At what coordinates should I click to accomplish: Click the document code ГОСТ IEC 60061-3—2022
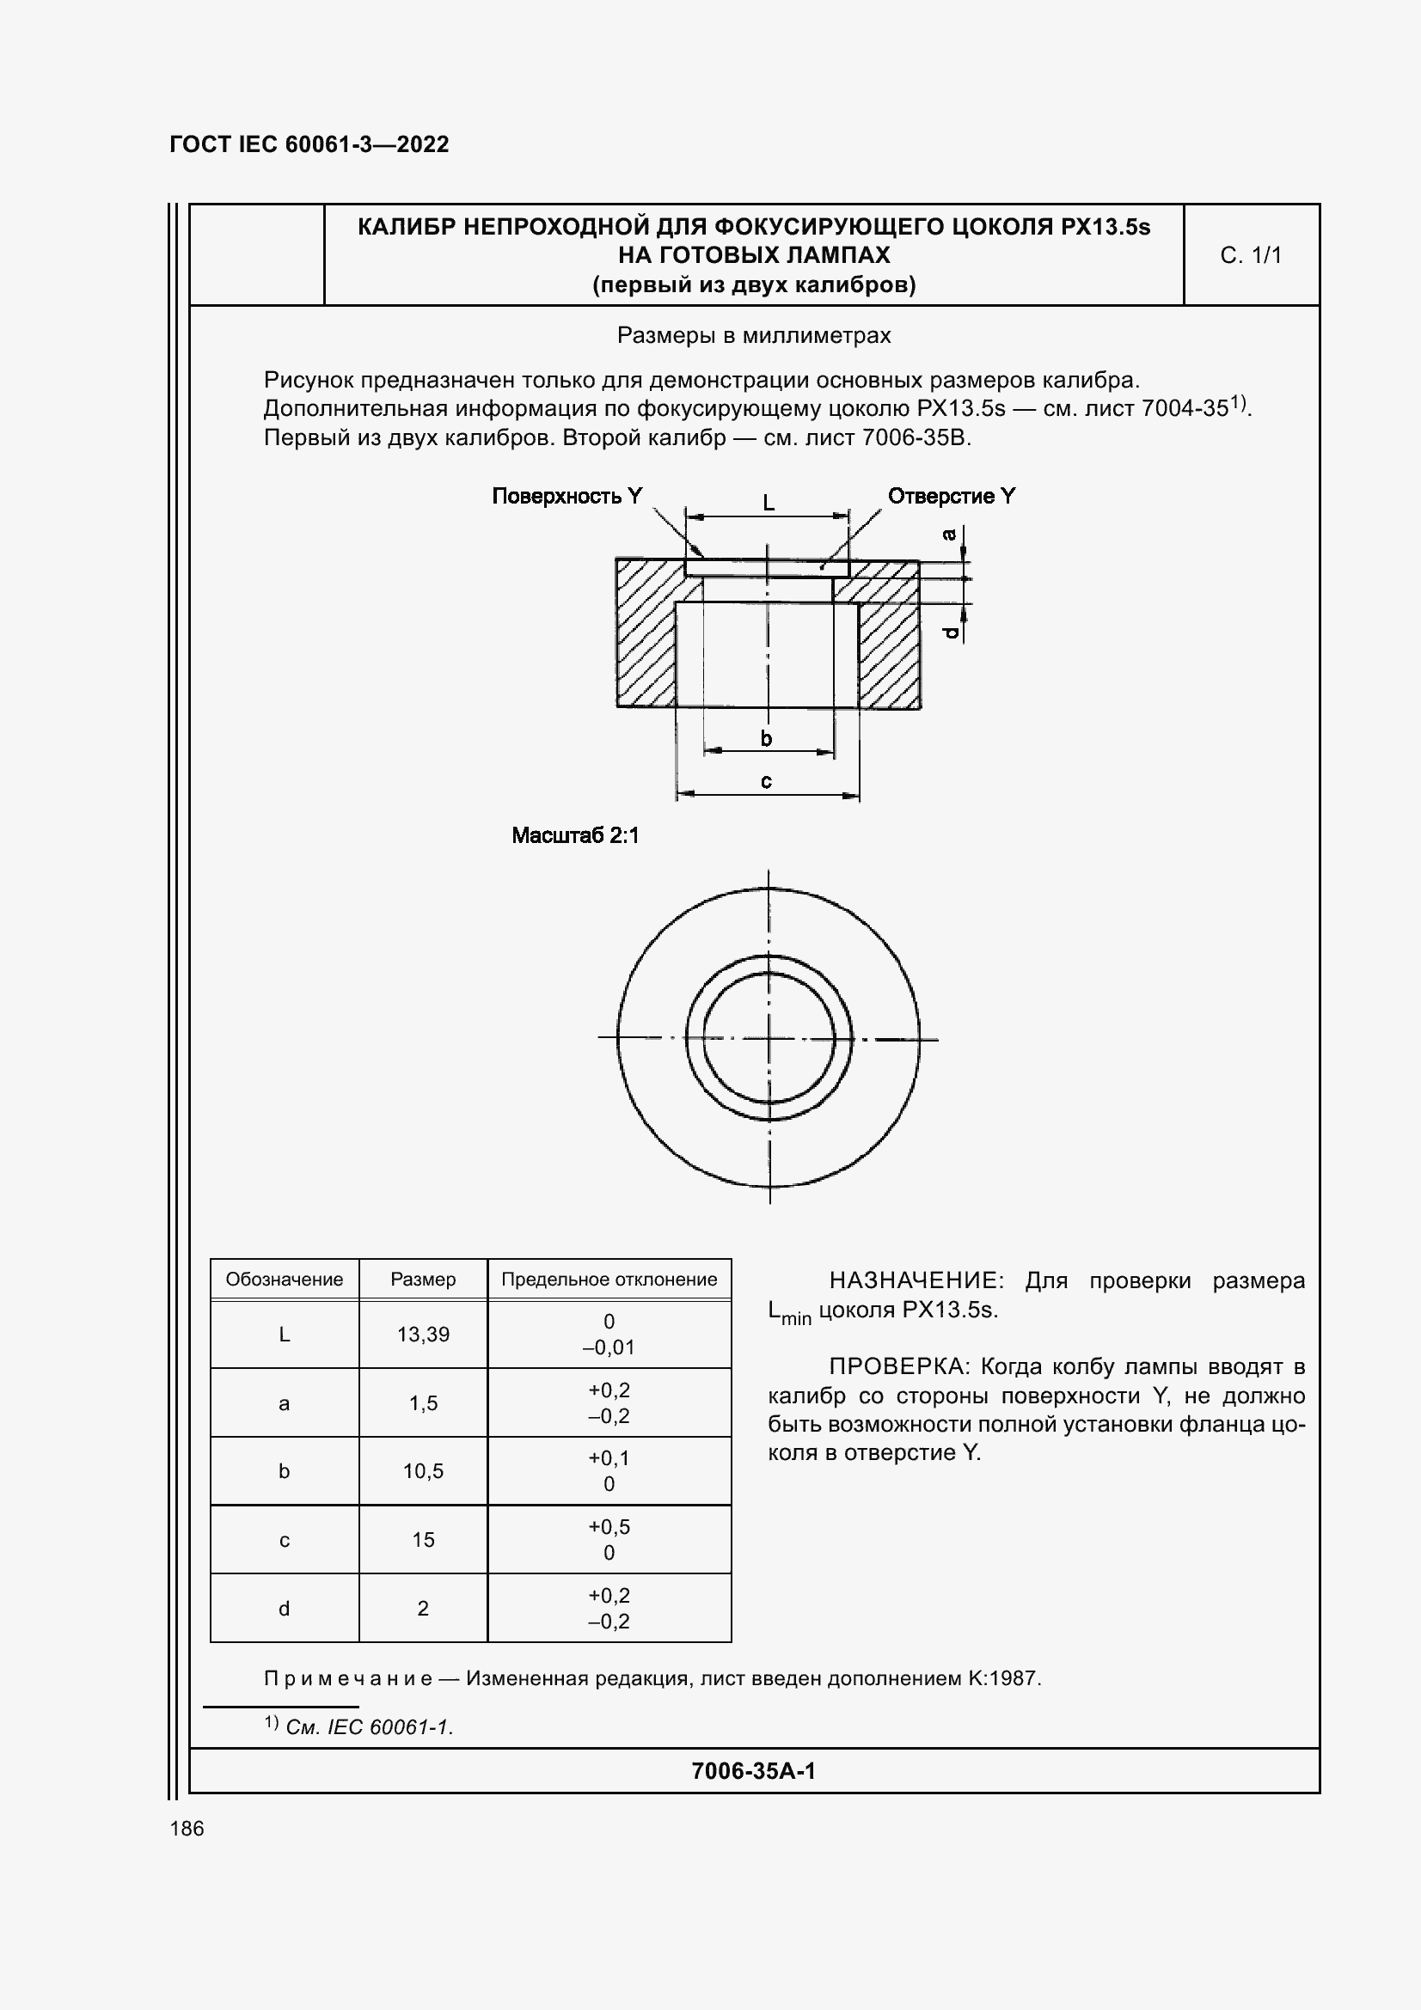pyautogui.click(x=309, y=144)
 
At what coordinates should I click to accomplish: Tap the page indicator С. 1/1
pyautogui.click(x=1250, y=254)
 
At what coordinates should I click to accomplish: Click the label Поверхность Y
pyautogui.click(x=567, y=497)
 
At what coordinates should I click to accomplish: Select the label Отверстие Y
pyautogui.click(x=951, y=497)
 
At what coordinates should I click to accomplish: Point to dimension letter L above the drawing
pyautogui.click(x=768, y=503)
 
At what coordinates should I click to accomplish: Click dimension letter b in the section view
pyautogui.click(x=766, y=739)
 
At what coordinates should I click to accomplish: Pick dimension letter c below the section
pyautogui.click(x=766, y=781)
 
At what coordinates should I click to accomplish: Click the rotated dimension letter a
pyautogui.click(x=949, y=534)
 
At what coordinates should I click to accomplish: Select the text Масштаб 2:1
pyautogui.click(x=575, y=835)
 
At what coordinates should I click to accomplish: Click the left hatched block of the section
pyautogui.click(x=646, y=632)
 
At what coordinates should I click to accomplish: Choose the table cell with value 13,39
pyautogui.click(x=423, y=1335)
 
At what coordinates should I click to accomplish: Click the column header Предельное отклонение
pyautogui.click(x=609, y=1279)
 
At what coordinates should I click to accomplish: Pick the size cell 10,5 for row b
pyautogui.click(x=423, y=1470)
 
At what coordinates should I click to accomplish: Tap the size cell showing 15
pyautogui.click(x=423, y=1540)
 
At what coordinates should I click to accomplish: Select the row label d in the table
pyautogui.click(x=284, y=1608)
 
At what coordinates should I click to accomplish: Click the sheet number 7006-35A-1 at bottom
pyautogui.click(x=753, y=1771)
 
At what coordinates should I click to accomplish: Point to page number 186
pyautogui.click(x=187, y=1828)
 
